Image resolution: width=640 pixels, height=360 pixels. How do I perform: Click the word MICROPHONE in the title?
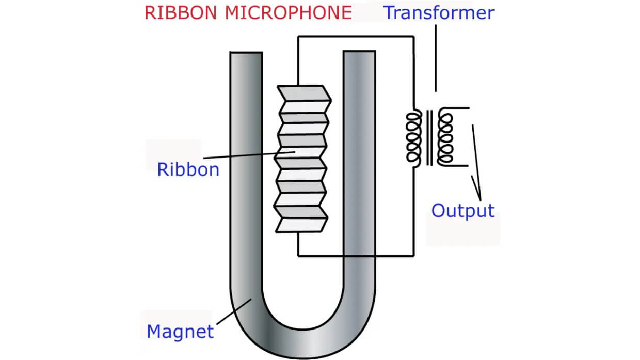[x=288, y=12]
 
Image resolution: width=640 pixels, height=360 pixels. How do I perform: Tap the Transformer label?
[x=439, y=12]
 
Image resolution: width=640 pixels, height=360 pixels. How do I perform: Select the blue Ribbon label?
[x=188, y=169]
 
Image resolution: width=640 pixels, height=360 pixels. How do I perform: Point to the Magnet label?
[x=180, y=331]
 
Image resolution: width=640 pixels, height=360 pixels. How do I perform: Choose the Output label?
[x=462, y=210]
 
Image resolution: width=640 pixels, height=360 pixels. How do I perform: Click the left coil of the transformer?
[x=414, y=137]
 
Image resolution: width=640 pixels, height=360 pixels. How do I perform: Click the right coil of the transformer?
[x=445, y=137]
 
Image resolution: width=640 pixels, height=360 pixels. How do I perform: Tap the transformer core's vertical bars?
[x=429, y=137]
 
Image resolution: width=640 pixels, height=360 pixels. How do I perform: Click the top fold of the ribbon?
[x=303, y=93]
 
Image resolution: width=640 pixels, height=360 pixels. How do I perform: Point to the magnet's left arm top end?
[x=246, y=54]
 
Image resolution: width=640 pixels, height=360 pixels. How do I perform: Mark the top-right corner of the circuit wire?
[x=414, y=36]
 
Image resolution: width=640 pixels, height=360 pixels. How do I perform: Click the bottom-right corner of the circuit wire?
[x=414, y=255]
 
